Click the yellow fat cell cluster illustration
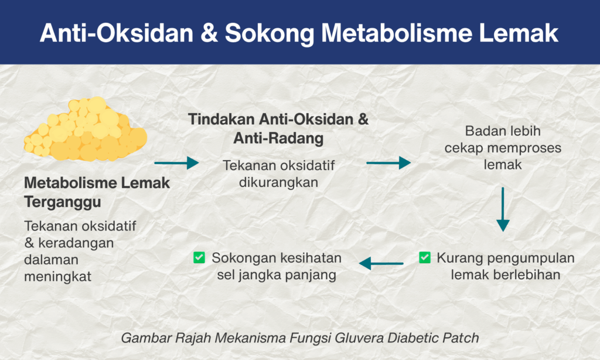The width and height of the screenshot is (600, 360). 86,129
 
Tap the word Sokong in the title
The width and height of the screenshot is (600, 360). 270,33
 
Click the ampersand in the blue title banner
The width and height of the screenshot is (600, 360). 209,33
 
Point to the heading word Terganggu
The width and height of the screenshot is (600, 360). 62,202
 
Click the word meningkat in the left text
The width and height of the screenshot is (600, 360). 58,277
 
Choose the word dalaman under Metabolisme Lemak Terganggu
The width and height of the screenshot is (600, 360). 52,260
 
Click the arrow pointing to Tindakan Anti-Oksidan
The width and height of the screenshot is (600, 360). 176,163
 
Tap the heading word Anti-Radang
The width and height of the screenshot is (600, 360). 278,138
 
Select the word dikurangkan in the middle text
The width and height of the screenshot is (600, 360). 278,182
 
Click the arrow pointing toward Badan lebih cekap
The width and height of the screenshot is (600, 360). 388,163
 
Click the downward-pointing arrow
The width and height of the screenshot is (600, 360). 503,209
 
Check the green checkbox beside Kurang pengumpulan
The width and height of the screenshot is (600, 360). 425,257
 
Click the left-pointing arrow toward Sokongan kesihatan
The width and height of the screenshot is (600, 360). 381,263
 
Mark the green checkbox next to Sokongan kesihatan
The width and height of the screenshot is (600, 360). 199,257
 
